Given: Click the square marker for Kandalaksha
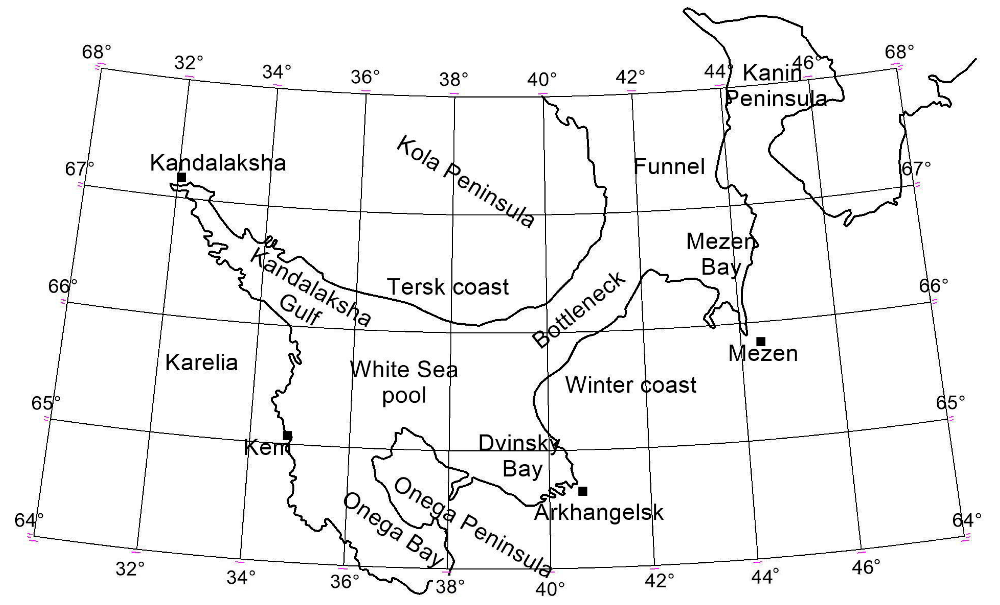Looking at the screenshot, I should coord(181,177).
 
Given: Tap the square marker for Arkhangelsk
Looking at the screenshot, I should coord(583,491).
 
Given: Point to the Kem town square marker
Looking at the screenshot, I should coord(287,435).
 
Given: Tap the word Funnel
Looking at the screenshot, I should coord(669,166).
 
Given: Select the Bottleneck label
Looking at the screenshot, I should coord(580,310).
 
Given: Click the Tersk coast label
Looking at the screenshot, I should coord(448,287).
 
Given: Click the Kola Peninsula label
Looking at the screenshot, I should coord(466,181).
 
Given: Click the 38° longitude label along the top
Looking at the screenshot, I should coord(453,79).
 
